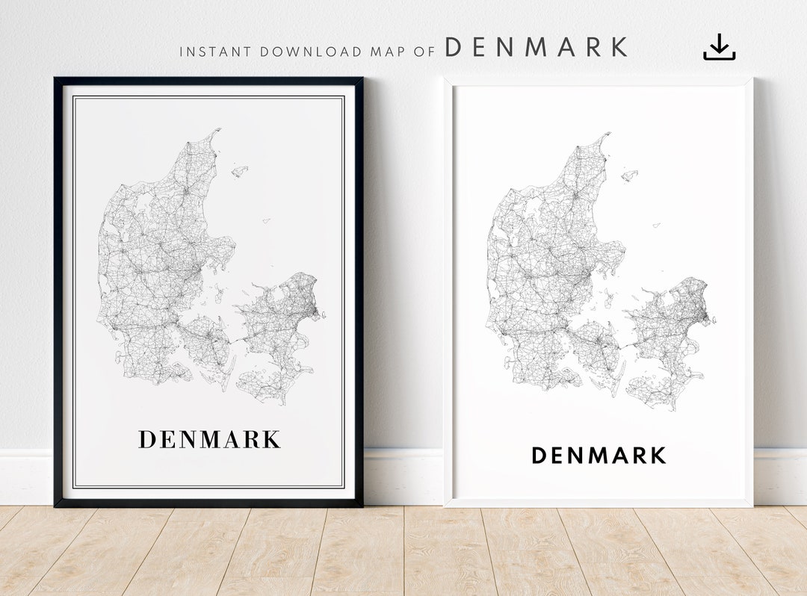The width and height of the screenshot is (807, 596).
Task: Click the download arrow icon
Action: [x=719, y=47]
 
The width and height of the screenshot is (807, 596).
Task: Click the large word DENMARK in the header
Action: [x=536, y=47]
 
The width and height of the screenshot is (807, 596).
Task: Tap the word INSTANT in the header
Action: [x=216, y=52]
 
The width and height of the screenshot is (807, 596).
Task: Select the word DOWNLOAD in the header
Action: [x=311, y=52]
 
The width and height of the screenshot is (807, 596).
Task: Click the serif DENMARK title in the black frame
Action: [x=209, y=439]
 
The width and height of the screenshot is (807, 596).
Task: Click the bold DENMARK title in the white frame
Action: [x=599, y=455]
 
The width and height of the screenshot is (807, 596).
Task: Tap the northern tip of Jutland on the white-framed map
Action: [x=607, y=136]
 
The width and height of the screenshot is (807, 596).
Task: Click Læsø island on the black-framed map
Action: [x=239, y=171]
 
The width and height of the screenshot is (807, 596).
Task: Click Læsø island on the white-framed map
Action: [x=630, y=176]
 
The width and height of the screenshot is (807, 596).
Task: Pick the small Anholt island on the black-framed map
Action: [x=265, y=220]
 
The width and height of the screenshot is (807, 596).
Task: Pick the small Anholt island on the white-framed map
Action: [x=655, y=225]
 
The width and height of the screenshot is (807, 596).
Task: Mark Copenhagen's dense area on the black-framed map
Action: [x=312, y=306]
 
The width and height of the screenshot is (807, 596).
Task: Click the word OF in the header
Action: [x=425, y=52]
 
